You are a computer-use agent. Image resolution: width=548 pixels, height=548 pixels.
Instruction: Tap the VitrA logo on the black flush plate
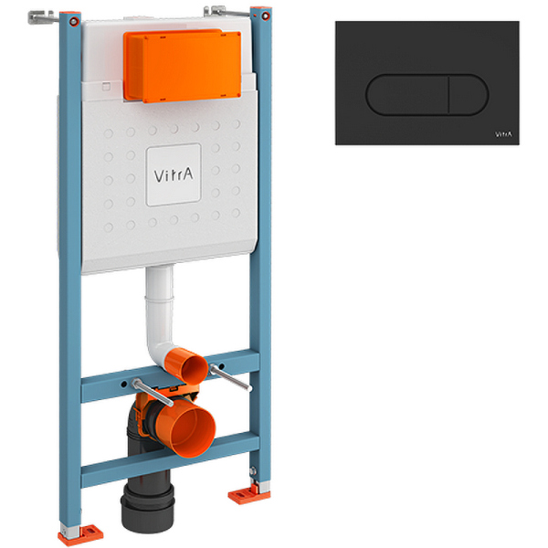(503, 134)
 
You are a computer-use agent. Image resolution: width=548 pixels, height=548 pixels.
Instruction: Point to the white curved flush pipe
(157, 311)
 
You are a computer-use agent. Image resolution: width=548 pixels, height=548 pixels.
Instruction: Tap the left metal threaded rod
(146, 387)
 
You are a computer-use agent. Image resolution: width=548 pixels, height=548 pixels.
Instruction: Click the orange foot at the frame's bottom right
(242, 495)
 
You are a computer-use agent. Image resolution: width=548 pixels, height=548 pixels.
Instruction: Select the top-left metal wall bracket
(43, 16)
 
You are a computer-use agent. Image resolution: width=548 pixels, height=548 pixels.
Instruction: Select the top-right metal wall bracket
(216, 10)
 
